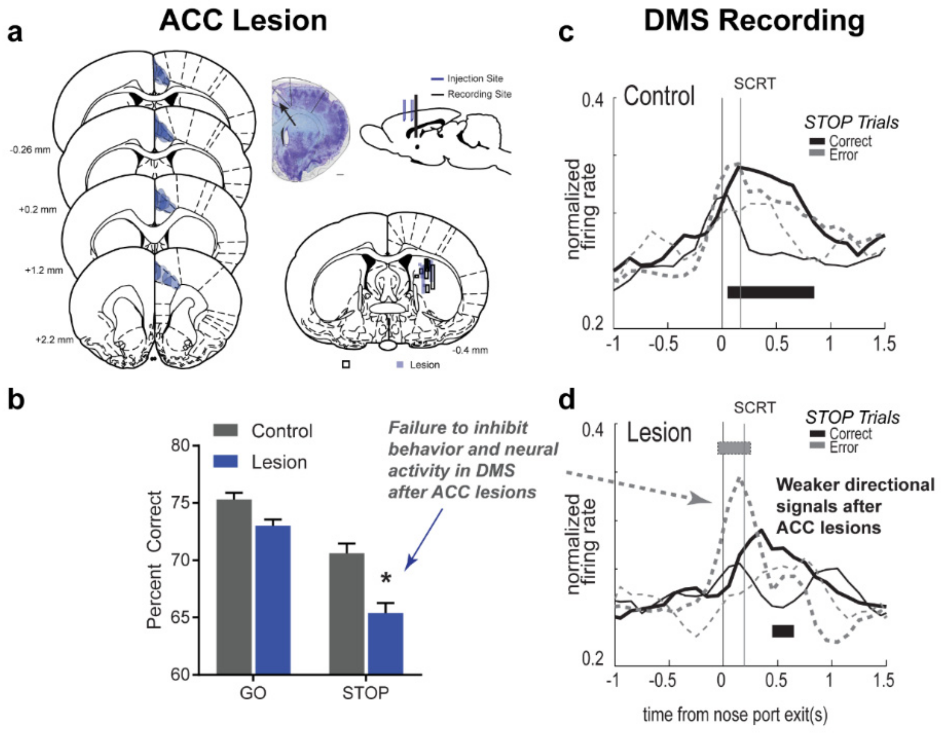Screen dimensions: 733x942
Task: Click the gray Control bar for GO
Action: coord(234,587)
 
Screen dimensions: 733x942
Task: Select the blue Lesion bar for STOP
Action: coord(385,643)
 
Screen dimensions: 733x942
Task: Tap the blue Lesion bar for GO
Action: coord(273,600)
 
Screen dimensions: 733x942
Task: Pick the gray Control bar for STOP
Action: coord(346,613)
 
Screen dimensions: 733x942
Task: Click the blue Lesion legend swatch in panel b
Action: coord(225,462)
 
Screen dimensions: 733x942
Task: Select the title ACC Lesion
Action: coord(243,21)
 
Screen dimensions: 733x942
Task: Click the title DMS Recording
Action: coord(754,21)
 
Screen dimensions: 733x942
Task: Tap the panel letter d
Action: coord(566,400)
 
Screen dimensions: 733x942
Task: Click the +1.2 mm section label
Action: coord(44,270)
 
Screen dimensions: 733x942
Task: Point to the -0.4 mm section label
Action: coord(470,350)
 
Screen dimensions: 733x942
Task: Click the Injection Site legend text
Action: coord(475,78)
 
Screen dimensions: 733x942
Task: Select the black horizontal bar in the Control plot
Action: coord(770,292)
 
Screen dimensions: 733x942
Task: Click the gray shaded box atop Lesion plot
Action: coord(734,448)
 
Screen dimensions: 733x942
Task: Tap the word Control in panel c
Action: coord(659,96)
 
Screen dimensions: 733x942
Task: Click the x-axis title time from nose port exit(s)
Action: coord(735,715)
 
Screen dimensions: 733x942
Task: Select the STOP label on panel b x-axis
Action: coord(365,693)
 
